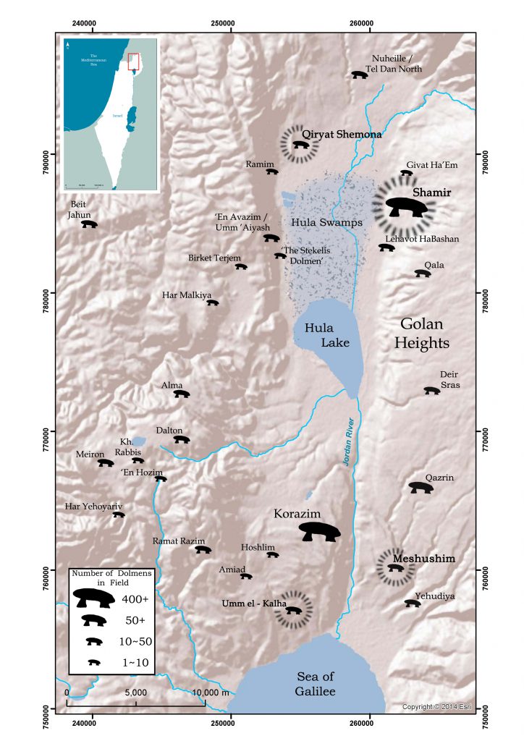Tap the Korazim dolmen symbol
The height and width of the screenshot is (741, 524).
[x=319, y=532]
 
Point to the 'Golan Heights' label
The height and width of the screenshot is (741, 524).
[x=423, y=334]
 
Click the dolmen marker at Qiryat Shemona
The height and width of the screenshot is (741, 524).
[x=300, y=145]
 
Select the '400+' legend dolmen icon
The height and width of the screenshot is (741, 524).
[x=93, y=598]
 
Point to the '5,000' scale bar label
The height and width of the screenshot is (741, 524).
[x=136, y=692]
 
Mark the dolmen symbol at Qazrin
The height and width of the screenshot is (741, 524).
[x=421, y=488]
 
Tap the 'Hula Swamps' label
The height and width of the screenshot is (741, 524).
[x=326, y=223]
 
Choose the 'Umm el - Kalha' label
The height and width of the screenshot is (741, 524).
[x=255, y=604]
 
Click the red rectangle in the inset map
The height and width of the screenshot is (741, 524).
[x=133, y=62]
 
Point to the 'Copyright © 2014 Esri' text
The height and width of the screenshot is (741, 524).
[x=437, y=706]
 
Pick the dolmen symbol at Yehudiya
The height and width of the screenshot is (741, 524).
[x=413, y=603]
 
